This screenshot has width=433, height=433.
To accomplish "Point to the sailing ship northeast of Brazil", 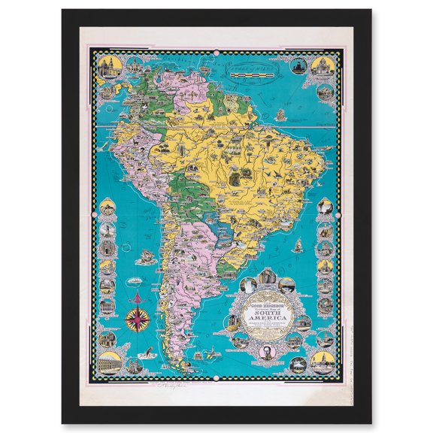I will click(x=280, y=115).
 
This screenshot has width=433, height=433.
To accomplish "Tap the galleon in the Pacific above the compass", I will click(x=145, y=256).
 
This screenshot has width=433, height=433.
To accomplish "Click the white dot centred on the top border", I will click(x=217, y=53).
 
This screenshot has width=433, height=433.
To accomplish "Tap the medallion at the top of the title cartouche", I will click(x=268, y=278).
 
